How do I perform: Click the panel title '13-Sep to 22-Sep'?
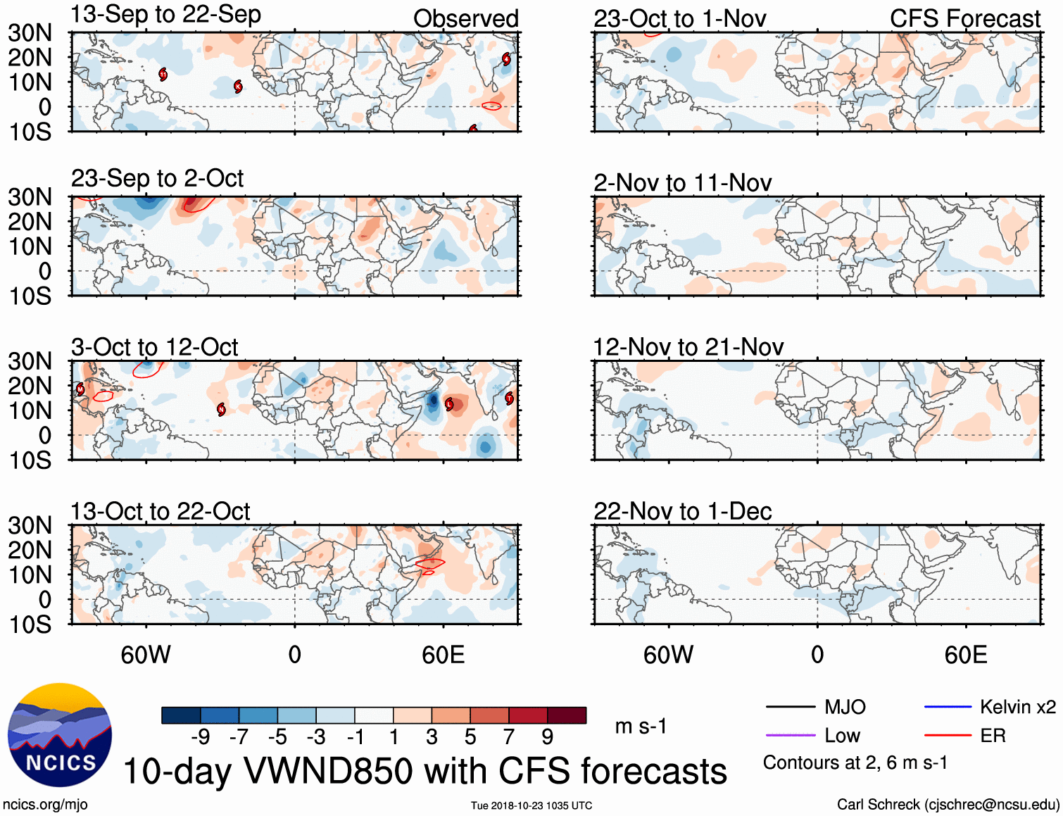coord(165,15)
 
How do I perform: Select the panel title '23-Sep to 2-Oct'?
coord(157,179)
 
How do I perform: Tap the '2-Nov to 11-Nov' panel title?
coord(682,183)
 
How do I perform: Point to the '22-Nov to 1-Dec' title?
coord(682,511)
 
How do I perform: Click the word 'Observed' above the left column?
coord(465,19)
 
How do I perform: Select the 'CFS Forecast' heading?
coord(964,19)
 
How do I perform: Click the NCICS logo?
coord(60,734)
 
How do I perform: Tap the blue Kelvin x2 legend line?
coord(948,707)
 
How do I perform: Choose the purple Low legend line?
coord(790,736)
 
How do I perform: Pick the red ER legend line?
coord(948,736)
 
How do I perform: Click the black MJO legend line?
coord(790,707)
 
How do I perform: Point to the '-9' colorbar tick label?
coord(201,737)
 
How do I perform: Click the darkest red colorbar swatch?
coord(567,715)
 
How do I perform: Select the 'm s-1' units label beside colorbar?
coord(641,726)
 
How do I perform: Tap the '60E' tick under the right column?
coord(965,655)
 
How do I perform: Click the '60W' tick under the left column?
coord(146,655)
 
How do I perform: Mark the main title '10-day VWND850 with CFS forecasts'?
coord(424,771)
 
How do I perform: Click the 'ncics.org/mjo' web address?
coord(45,805)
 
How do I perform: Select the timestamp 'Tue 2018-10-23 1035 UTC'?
coord(531,805)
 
